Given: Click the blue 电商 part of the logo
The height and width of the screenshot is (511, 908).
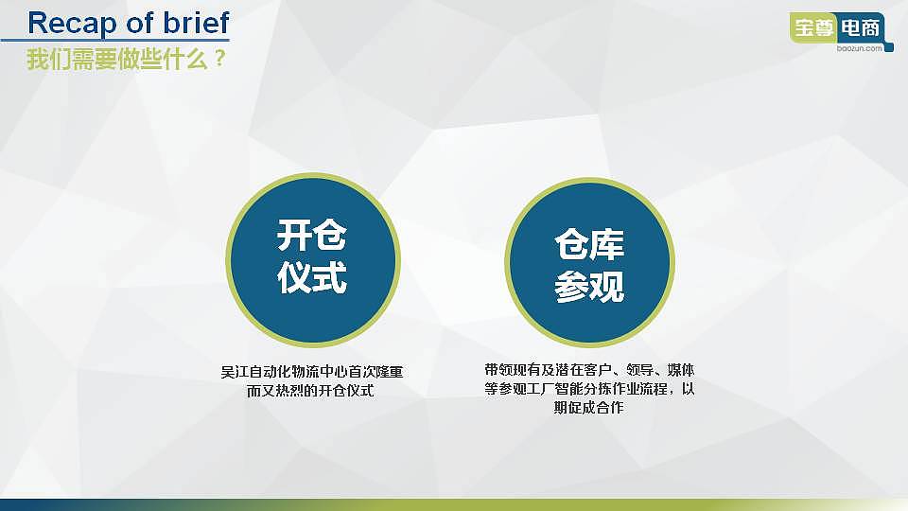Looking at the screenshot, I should pos(861,28).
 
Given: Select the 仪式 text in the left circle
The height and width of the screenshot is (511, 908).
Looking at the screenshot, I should pos(312,278).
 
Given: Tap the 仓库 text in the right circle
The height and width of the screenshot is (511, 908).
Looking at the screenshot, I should pos(589,245).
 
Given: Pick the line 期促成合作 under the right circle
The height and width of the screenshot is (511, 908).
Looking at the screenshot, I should pos(589,408).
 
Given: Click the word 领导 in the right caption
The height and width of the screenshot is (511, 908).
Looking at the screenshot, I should pos(639,369).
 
